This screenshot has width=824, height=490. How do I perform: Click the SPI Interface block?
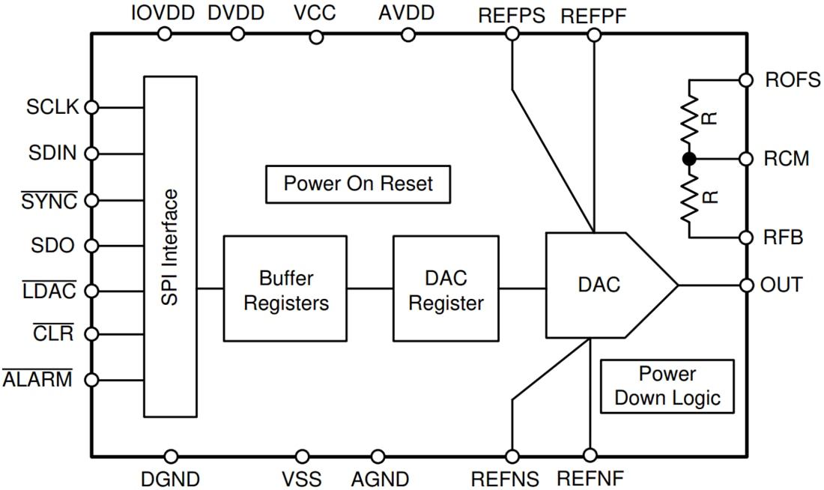pos(170,246)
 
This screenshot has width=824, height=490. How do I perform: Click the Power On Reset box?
pos(358,184)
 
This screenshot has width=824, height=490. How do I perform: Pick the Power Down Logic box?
pos(667,386)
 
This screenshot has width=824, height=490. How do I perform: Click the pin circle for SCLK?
pos(91,107)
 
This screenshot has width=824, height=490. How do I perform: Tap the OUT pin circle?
pos(745,285)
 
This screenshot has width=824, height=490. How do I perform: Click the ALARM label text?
pos(37,379)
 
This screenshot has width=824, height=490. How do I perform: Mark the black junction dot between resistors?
pos(688,159)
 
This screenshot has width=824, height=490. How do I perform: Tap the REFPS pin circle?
pos(512,34)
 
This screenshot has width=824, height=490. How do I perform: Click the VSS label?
pos(301,478)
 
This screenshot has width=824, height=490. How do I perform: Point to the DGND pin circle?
pos(171,456)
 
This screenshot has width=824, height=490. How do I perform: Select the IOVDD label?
pos(162,13)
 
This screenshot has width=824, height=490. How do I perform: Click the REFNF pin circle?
pos(590,455)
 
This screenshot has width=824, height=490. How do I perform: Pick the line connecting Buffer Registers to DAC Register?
pos(370,285)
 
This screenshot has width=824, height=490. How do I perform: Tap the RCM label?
pos(786,159)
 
